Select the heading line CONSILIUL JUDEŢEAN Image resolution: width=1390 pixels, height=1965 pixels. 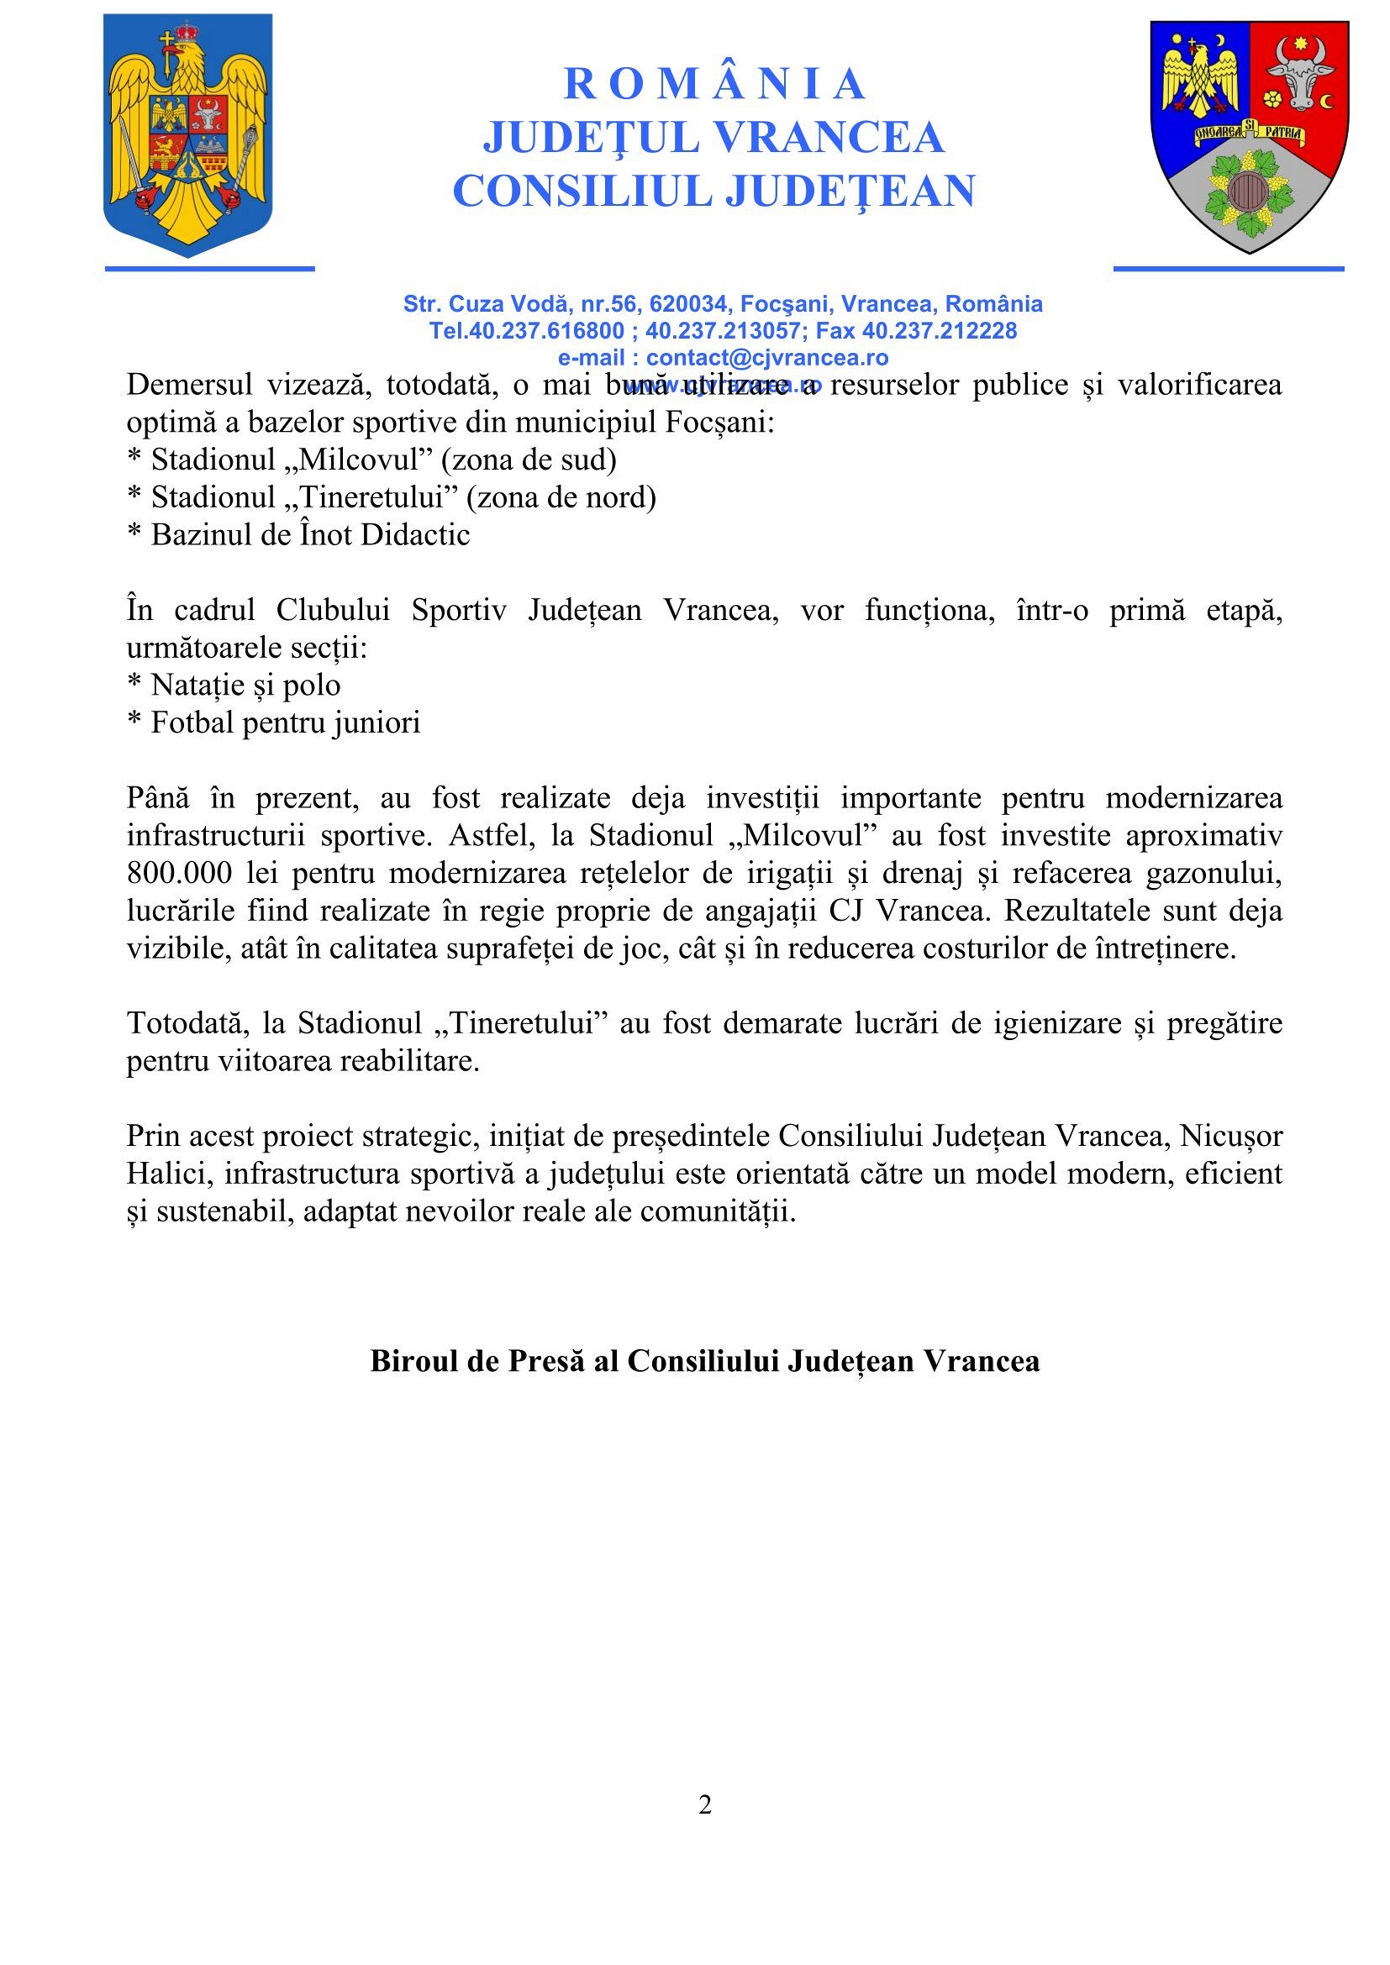coord(713,190)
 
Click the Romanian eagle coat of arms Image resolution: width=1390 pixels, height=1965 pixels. coord(188,135)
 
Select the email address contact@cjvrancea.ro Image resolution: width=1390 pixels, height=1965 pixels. coord(767,358)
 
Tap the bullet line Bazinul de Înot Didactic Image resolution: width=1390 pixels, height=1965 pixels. coord(299,535)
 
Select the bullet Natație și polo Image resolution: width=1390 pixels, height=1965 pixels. coord(234,686)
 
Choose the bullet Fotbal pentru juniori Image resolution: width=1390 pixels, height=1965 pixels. coord(274,723)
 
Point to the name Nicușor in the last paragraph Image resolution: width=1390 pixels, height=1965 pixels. coord(1231,1136)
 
